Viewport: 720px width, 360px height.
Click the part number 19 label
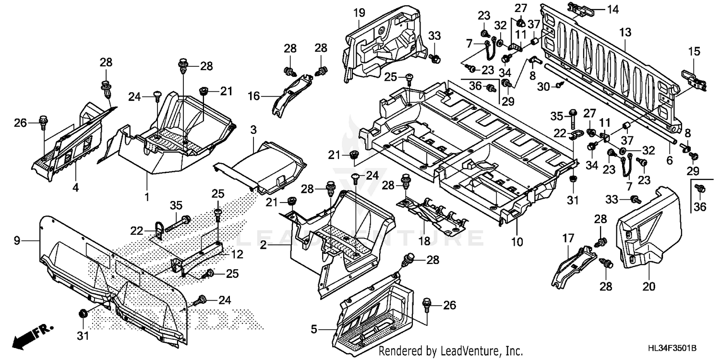360,13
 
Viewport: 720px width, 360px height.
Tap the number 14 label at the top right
599,9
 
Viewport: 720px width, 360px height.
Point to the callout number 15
695,51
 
